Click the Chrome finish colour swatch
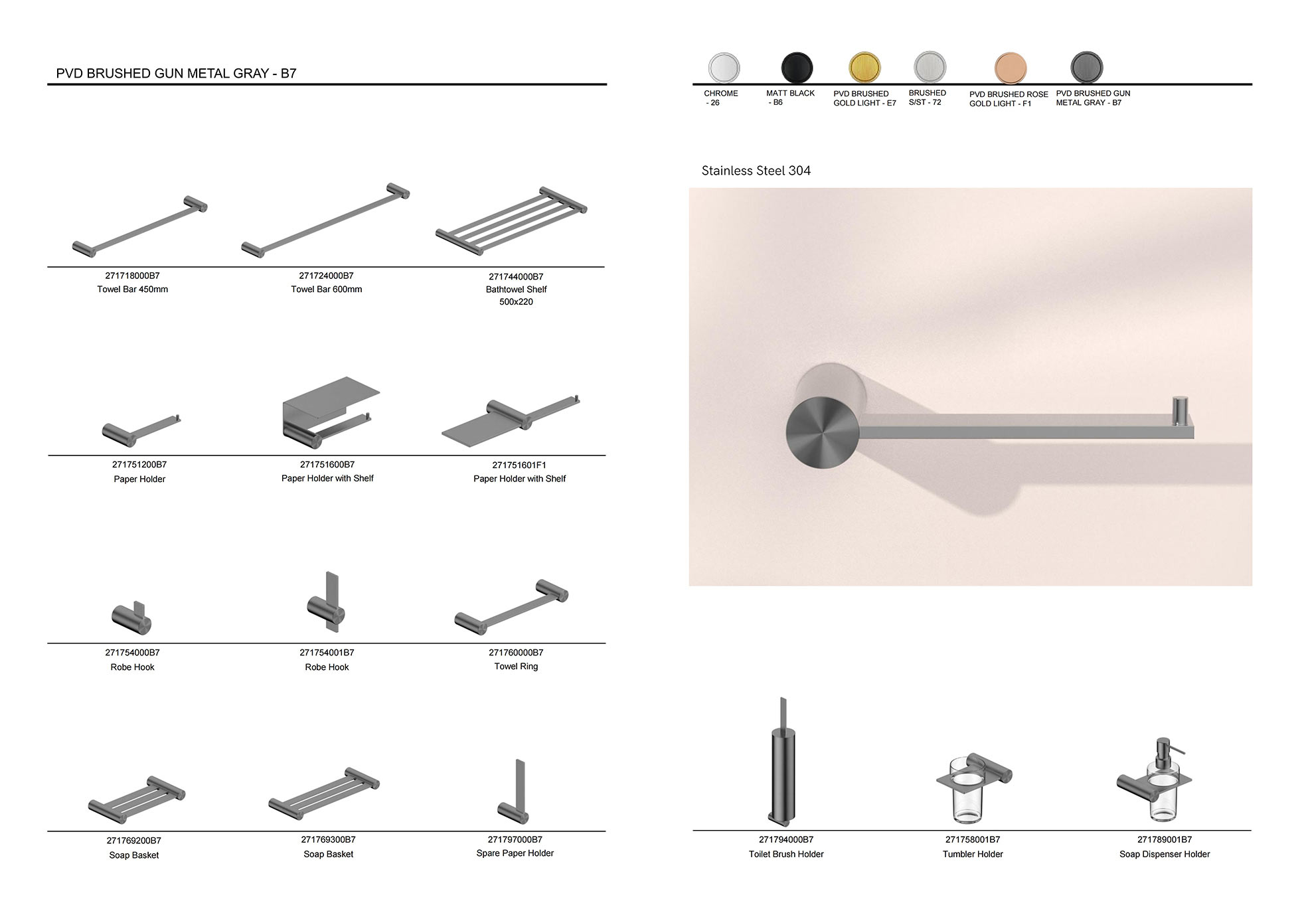tap(724, 68)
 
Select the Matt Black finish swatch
tap(797, 68)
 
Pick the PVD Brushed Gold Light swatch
tap(864, 68)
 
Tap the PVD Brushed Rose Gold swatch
tap(1011, 68)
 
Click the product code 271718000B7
tap(132, 276)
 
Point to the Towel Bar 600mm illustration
tap(325, 220)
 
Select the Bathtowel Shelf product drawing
tap(511, 220)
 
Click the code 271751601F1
tap(519, 465)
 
